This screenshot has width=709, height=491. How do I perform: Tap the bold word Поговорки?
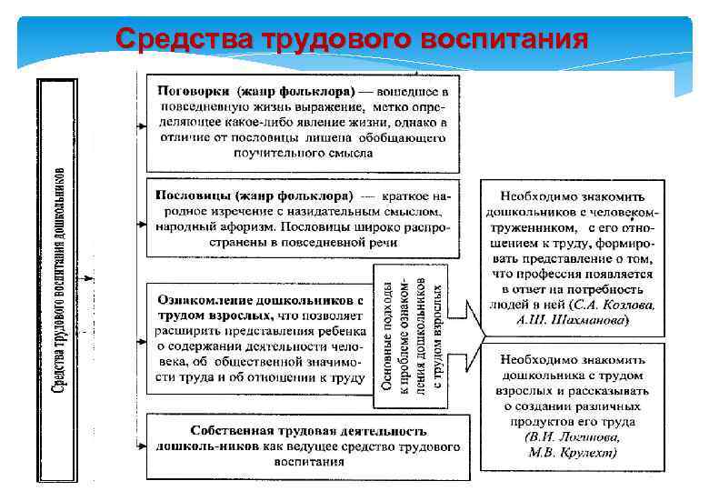(194, 93)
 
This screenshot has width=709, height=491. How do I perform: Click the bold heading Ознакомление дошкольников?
(263, 297)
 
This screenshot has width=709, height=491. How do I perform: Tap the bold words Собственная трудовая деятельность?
(308, 430)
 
